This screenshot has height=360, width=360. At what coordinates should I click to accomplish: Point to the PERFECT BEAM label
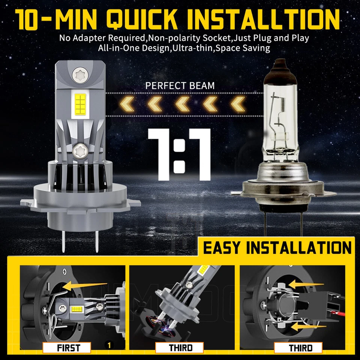180,85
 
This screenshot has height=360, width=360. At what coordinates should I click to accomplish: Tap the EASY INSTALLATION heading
277,248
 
